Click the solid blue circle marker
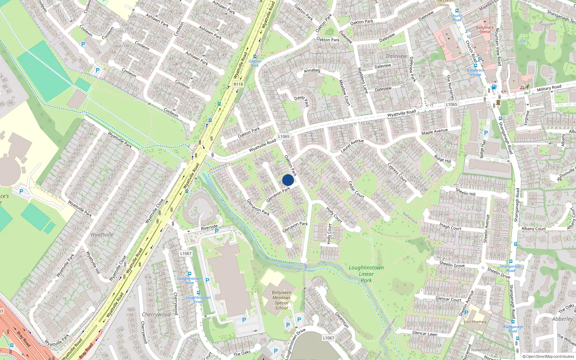pos(288,180)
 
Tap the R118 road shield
pos(238,84)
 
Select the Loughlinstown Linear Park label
pos(366,274)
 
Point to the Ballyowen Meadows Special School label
pos(282,300)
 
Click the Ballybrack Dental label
pos(485,30)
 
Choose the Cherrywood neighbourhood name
pos(156,314)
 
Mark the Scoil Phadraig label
pos(475,322)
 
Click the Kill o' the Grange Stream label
pos(295,268)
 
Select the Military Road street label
pos(549,88)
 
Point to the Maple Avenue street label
pos(435,132)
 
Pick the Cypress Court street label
pos(397,173)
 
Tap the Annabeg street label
pos(312,71)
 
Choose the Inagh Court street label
pos(450,226)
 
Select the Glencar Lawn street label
pos(425,334)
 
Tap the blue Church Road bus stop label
pos(456,18)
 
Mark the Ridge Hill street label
pos(442,159)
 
